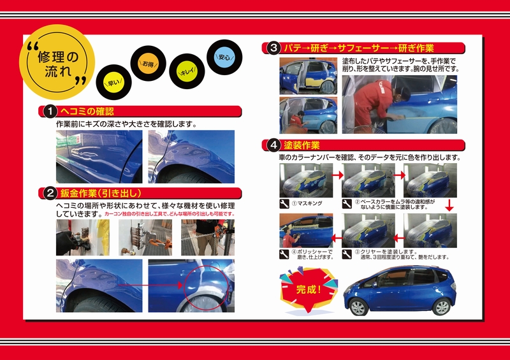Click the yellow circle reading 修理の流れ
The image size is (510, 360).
[x=57, y=62]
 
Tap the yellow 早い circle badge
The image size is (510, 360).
[x=113, y=83]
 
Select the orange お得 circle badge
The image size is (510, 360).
[x=148, y=64]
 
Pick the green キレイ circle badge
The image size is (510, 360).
[x=187, y=71]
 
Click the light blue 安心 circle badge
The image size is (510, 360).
[x=224, y=57]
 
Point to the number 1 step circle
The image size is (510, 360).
[x=50, y=112]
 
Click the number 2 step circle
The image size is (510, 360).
[x=50, y=193]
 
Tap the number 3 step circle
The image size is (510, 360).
[x=273, y=48]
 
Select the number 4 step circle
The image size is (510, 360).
[x=273, y=145]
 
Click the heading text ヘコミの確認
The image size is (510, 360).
[x=87, y=112]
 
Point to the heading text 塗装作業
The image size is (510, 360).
[x=302, y=145]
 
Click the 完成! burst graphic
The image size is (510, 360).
[x=309, y=289]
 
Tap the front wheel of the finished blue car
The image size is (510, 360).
[x=358, y=307]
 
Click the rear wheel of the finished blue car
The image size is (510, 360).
[x=442, y=306]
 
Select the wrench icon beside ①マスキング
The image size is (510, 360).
[x=284, y=204]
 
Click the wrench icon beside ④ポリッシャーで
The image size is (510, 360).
[x=284, y=254]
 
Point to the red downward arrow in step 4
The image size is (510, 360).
[x=449, y=206]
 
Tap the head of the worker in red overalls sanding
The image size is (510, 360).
[x=403, y=92]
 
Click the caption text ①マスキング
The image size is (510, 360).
[x=307, y=203]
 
